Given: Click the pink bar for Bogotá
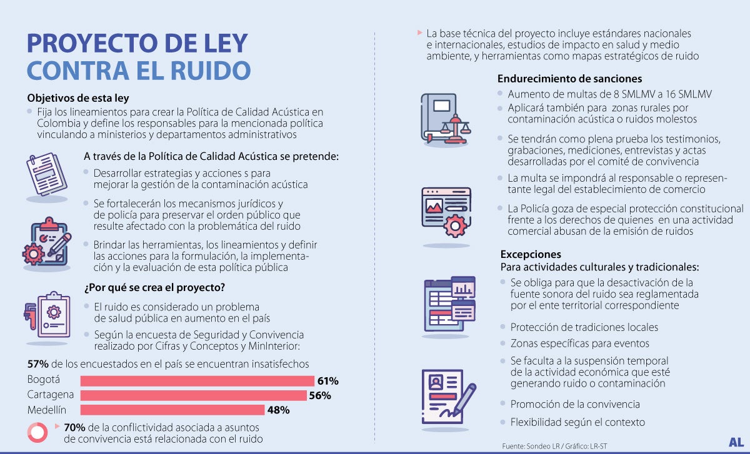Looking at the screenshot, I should pos(197,381).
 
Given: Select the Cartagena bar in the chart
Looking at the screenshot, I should pos(193,395).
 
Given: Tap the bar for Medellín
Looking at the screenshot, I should pos(172,410).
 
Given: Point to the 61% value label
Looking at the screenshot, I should pos(327,381).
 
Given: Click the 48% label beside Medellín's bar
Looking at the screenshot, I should pos(278,410).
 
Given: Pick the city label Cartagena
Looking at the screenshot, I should pos(51,395).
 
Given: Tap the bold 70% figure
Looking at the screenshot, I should pos(74,427).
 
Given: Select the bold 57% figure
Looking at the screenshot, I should pos(38,363).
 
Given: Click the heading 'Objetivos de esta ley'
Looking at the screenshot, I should pos(78,98).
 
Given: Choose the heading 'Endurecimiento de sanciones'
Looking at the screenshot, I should pos(569,79).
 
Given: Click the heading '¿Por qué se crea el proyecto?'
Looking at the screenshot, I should pos(154,288).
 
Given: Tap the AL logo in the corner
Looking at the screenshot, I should pos(736,442).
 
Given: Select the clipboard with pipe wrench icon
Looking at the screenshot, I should pos(47,314).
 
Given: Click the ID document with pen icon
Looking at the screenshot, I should pos(446,400).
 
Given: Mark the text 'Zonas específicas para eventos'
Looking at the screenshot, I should pos(579,343).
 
